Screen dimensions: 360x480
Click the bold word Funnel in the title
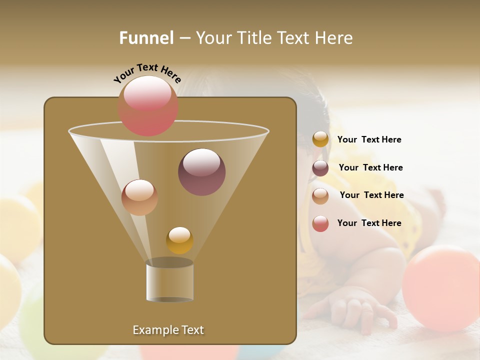pos(146,37)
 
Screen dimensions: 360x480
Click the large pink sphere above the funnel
pos(148,105)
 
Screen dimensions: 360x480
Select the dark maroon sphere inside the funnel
pos(201,172)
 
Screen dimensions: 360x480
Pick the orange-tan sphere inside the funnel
pos(139,197)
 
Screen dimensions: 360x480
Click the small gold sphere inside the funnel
pos(179,240)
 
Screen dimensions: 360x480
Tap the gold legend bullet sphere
pos(320,139)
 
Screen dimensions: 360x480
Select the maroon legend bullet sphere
pos(320,168)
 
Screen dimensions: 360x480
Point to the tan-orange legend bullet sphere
pos(320,195)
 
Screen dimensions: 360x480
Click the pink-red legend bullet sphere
pos(320,223)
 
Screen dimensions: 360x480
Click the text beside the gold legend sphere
pos(369,139)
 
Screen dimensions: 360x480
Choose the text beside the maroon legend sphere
pos(370,167)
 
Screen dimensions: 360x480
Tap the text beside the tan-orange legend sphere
pos(371,195)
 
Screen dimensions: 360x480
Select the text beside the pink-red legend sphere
pos(369,223)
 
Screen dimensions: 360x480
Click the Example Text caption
pos(168,330)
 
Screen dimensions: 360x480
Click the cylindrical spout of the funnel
pos(169,281)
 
